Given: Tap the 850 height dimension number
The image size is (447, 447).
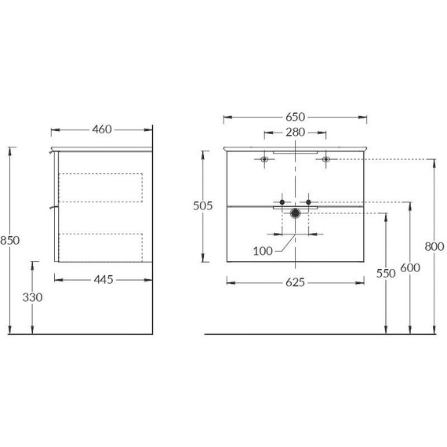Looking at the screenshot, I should tap(9, 239).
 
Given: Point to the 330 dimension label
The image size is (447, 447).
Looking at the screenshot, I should tap(32, 297).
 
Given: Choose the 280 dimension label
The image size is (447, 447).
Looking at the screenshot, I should tap(295, 132).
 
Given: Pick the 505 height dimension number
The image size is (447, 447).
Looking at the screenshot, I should tap(203, 206).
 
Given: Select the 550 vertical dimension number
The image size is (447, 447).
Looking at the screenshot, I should tap(386, 274).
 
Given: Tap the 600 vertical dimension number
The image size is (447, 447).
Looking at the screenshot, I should tap(409, 267).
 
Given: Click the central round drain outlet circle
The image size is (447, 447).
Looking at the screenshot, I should tap(295, 213).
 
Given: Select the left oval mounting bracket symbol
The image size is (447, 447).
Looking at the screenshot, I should tap(264, 160).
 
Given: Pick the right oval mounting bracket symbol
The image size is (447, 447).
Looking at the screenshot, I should tap(325, 160).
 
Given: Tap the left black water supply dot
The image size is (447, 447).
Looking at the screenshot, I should tap(282, 202).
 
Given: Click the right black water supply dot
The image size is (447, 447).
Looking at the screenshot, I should tap(308, 202).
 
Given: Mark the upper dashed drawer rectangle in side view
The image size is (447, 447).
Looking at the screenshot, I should tap(100, 187).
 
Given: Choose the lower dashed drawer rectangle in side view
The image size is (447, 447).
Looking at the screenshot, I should tap(100, 246).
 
